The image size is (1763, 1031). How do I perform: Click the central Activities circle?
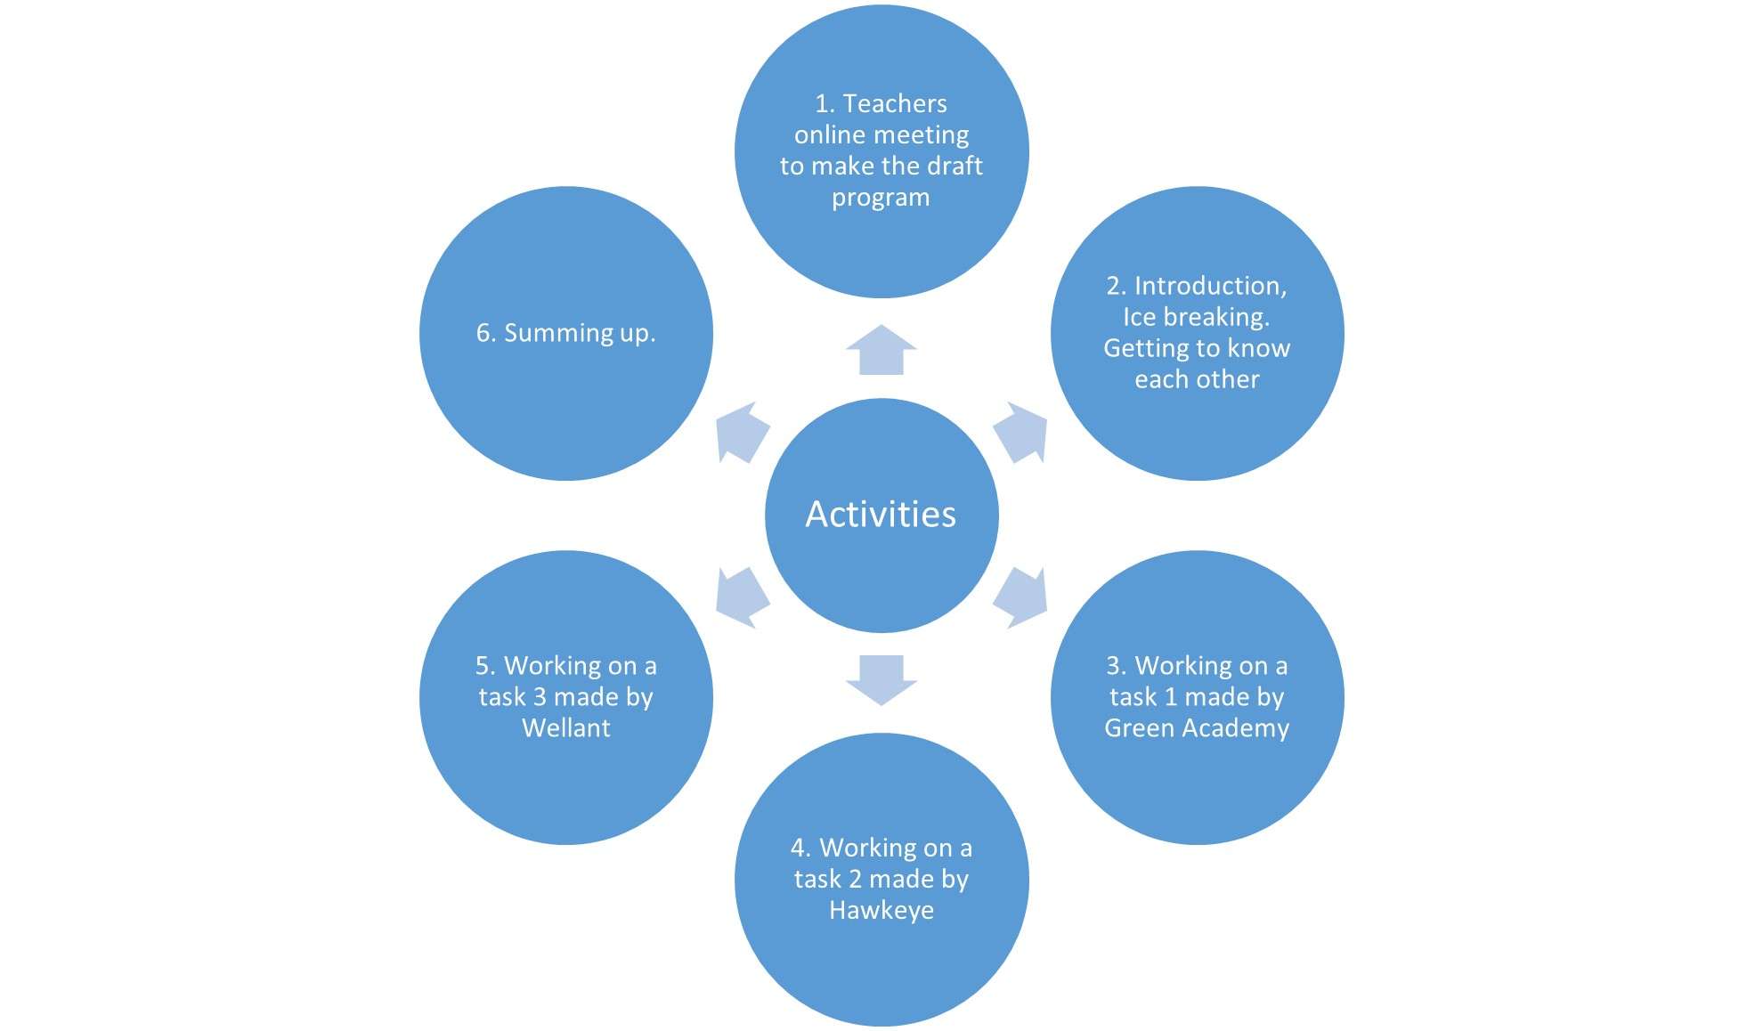(881, 515)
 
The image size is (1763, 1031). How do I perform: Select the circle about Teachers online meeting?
(881, 150)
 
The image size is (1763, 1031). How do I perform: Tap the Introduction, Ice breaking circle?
(1198, 333)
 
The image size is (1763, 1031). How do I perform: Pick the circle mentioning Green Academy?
(1198, 698)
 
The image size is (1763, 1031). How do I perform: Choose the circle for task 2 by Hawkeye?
(881, 880)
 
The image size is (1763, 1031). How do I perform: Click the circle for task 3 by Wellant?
(566, 698)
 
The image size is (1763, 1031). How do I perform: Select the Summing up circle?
(566, 333)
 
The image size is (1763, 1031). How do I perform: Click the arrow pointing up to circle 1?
(881, 350)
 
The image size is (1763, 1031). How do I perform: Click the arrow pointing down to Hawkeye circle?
(881, 680)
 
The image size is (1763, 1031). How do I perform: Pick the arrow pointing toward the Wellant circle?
(743, 597)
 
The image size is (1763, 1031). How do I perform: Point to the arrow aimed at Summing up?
(743, 432)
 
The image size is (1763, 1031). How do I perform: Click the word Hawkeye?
(881, 911)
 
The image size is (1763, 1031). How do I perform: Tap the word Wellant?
(566, 728)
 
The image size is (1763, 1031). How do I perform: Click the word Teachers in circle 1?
(895, 104)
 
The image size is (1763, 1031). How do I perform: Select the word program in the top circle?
(881, 198)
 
